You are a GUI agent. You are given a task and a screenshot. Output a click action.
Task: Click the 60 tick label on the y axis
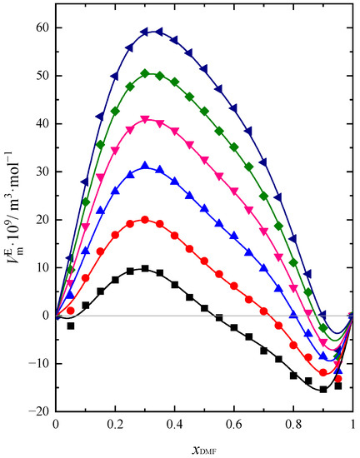pos(41,27)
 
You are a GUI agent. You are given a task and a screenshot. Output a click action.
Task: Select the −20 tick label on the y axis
pos(37,411)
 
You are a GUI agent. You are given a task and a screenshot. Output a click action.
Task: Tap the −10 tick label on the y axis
pos(37,363)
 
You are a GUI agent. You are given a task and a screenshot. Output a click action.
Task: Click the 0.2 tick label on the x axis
pos(114,423)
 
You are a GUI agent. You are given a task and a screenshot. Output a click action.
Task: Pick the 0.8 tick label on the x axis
pos(292,423)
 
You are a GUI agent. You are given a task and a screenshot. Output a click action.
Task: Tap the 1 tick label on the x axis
pos(352,423)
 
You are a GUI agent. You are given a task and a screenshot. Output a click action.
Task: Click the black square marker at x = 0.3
pos(145,268)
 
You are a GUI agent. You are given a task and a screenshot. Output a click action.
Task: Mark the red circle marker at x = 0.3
pos(145,220)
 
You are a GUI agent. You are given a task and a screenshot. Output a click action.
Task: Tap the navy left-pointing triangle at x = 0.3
pos(145,32)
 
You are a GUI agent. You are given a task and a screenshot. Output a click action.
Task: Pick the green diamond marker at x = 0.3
pos(145,73)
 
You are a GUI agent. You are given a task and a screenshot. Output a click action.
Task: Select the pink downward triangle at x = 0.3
pos(145,120)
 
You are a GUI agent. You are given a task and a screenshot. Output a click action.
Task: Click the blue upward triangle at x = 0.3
pos(145,166)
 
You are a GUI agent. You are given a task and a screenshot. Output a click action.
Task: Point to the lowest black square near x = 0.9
pos(323,389)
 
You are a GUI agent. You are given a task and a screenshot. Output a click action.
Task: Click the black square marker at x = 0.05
pos(71,326)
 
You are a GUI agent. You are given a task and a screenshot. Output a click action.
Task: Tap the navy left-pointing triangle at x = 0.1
pos(85,182)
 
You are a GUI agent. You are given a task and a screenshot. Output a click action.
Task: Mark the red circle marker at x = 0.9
pos(323,372)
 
